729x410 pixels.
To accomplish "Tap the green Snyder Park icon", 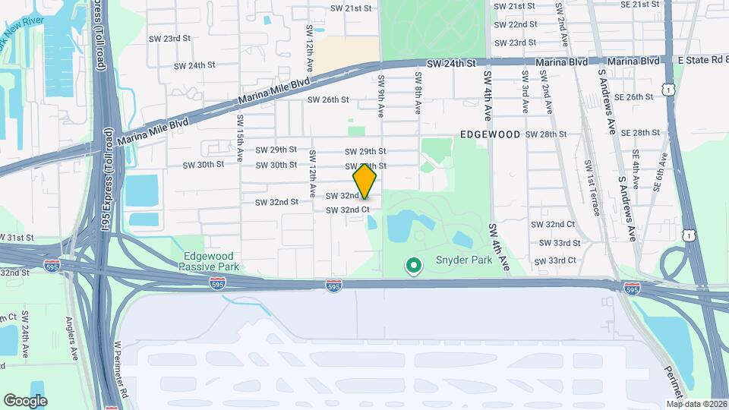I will point(414,266).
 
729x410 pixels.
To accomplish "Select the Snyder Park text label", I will point(463,260).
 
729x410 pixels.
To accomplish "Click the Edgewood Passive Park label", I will point(209,262).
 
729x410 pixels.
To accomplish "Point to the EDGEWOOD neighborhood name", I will point(490,134).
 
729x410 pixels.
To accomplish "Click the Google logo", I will point(25,400).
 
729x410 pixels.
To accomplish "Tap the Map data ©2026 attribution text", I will point(696,404).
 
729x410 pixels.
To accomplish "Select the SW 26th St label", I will point(328,99).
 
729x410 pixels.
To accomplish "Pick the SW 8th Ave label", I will point(418,93).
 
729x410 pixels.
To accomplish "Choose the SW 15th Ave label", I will point(239,136).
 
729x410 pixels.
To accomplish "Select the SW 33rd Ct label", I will point(557,260).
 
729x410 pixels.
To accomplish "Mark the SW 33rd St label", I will point(560,243).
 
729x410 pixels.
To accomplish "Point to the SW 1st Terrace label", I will point(593,187).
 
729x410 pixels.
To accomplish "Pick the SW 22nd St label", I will point(516,24).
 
